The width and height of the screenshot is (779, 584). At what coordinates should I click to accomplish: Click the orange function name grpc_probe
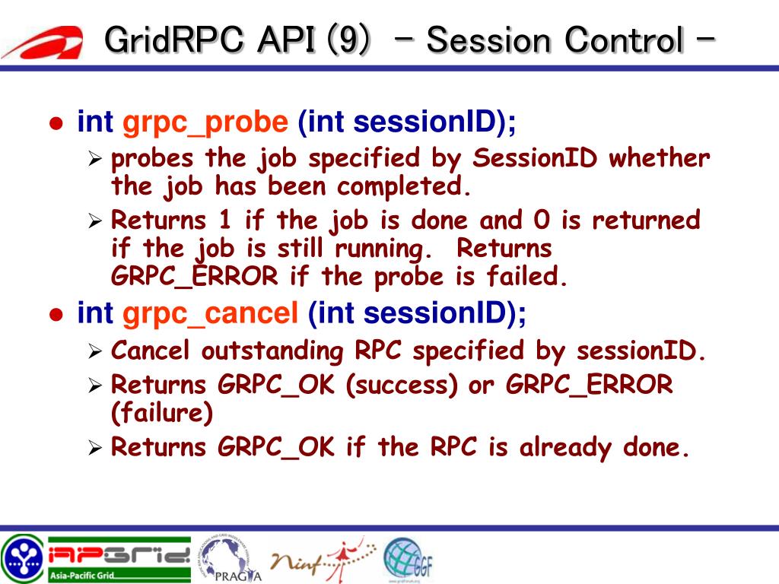coord(205,122)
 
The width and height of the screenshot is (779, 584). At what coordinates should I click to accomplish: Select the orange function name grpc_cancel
coord(210,314)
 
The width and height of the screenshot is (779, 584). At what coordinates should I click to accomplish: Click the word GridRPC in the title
coord(174,40)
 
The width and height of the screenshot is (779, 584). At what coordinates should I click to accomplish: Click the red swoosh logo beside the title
coord(45,43)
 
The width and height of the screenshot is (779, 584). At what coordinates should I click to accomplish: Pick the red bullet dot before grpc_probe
coord(56,123)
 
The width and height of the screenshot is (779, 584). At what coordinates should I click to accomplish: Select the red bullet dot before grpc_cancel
coord(56,315)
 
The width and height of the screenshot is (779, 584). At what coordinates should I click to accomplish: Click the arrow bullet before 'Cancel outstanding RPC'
coord(95,351)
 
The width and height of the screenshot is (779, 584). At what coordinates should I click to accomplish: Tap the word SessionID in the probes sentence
coord(535,158)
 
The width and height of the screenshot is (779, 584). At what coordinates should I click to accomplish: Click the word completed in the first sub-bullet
coord(403,187)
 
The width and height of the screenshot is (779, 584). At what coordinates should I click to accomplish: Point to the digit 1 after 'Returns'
coord(225,220)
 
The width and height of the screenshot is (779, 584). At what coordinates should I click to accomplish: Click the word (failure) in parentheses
coord(162,413)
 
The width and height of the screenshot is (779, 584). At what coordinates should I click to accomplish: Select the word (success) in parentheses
coord(402,385)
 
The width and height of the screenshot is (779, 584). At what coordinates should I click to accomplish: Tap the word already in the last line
coord(565,448)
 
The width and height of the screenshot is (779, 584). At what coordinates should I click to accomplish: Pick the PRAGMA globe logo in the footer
coord(231,558)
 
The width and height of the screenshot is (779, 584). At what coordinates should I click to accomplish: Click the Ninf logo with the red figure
coord(323,559)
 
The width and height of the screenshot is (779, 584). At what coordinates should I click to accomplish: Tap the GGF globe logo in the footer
coord(409,559)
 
